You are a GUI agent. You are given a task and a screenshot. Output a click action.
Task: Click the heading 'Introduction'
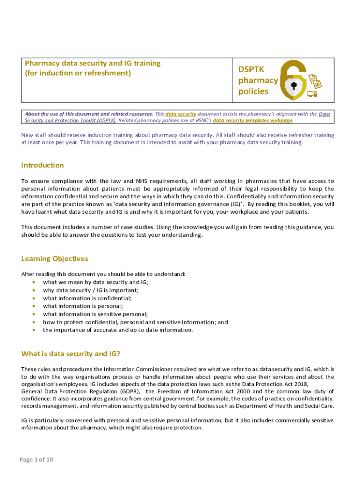pyautogui.click(x=43, y=165)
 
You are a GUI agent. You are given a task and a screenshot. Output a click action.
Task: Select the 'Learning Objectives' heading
pyautogui.click(x=54, y=259)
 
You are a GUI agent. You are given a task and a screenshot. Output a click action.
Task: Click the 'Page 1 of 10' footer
pyautogui.click(x=36, y=460)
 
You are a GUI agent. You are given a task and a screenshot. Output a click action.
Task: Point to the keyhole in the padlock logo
pyautogui.click(x=294, y=86)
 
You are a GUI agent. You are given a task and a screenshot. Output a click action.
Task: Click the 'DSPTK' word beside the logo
pyautogui.click(x=252, y=69)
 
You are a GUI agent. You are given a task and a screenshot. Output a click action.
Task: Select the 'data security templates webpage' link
pyautogui.click(x=253, y=120)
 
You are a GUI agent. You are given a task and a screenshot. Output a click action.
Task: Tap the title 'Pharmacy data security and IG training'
pyautogui.click(x=93, y=63)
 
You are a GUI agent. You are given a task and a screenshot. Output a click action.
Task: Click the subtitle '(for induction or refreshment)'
pyautogui.click(x=78, y=73)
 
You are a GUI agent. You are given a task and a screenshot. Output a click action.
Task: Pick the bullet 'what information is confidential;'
pyautogui.click(x=87, y=298)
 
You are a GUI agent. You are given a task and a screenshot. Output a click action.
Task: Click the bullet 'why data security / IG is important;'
pyautogui.click(x=91, y=290)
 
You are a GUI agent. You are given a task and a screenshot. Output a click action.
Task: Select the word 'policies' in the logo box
pyautogui.click(x=253, y=91)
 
